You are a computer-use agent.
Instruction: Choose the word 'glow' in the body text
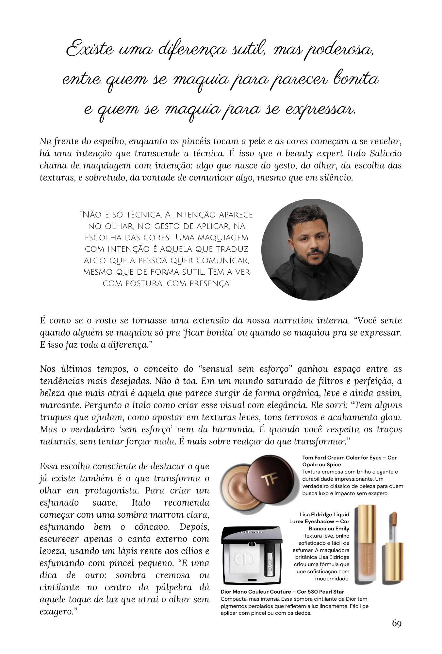391,417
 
